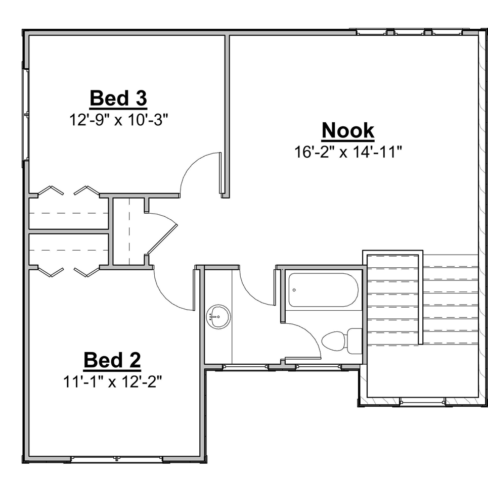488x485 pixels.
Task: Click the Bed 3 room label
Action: coord(118,98)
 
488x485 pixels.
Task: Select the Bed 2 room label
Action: coord(112,360)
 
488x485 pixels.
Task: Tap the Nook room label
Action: coord(348,130)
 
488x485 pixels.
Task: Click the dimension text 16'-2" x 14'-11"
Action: coord(348,152)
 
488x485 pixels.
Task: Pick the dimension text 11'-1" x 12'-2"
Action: coord(112,382)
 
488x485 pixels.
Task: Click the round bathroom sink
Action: coord(218,317)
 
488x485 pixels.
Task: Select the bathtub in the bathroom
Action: coord(323,290)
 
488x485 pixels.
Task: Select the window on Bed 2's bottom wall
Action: coord(117,459)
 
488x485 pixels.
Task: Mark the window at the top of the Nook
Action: coord(409,32)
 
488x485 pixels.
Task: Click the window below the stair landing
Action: coord(422,402)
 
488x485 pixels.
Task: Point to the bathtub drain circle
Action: coord(294,290)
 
